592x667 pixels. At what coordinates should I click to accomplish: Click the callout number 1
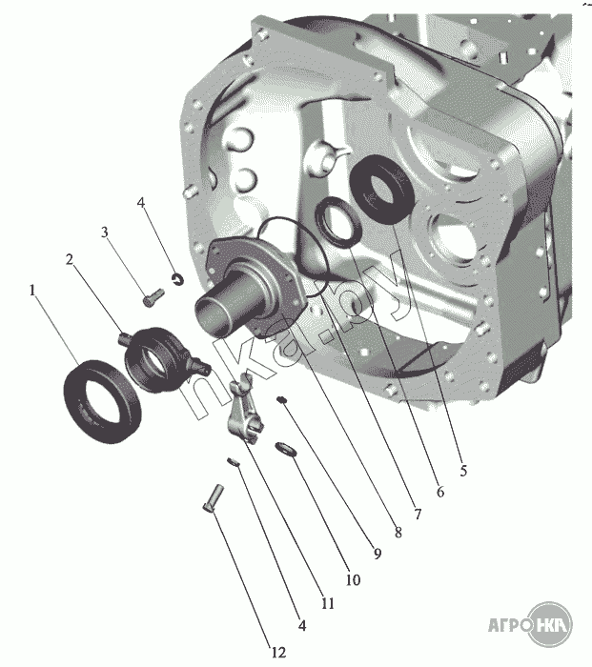coord(31,290)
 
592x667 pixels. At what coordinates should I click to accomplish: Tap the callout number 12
coord(278,652)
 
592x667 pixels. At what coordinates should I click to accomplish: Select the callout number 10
coord(353,579)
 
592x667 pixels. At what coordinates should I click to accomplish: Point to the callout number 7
coord(418,514)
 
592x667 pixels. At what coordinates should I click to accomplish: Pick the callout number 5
coord(463,471)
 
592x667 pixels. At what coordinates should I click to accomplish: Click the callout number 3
coord(104,232)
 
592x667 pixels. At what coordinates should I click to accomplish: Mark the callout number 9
coord(378,554)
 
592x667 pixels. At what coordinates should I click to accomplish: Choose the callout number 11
coord(328,603)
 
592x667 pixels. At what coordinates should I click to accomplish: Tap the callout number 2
coord(70,259)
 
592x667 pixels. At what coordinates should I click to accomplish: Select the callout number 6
coord(440,492)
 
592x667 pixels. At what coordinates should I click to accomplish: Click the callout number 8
coord(398,532)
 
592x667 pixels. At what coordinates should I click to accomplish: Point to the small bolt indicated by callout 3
coord(153,297)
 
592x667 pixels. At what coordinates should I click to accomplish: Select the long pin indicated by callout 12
coord(214,497)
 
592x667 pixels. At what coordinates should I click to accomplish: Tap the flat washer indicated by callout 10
coord(286,449)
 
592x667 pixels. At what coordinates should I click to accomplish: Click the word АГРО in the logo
coord(510,625)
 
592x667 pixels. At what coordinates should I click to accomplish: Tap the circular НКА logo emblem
coord(550,624)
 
